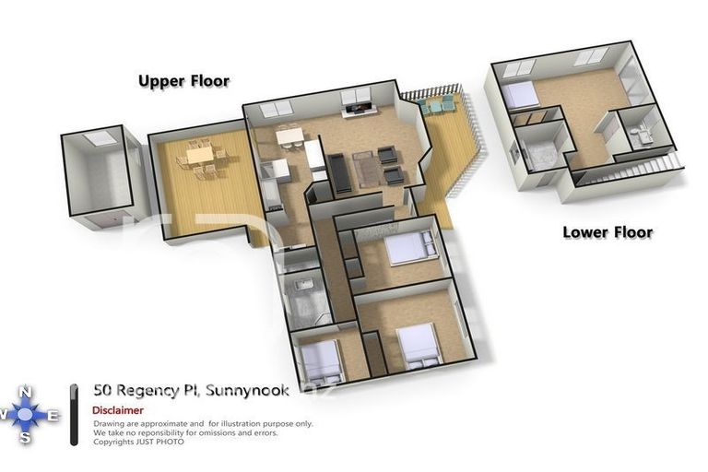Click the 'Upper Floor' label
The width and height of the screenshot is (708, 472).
(183, 81)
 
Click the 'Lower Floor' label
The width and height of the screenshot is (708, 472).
(608, 232)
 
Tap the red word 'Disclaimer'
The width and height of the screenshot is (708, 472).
(117, 410)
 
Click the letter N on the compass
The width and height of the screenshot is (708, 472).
(26, 391)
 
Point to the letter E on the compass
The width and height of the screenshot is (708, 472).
(53, 417)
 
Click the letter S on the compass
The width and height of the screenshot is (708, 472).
(26, 440)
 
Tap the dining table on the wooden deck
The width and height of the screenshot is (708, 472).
(201, 157)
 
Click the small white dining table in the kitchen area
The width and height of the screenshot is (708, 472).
(289, 137)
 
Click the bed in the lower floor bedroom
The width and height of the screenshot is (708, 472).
(520, 95)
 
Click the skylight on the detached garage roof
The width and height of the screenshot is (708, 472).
(99, 138)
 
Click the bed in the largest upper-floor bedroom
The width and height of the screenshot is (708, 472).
(420, 343)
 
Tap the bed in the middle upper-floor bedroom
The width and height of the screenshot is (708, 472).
(407, 248)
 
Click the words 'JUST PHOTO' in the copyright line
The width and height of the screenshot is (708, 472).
(162, 442)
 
